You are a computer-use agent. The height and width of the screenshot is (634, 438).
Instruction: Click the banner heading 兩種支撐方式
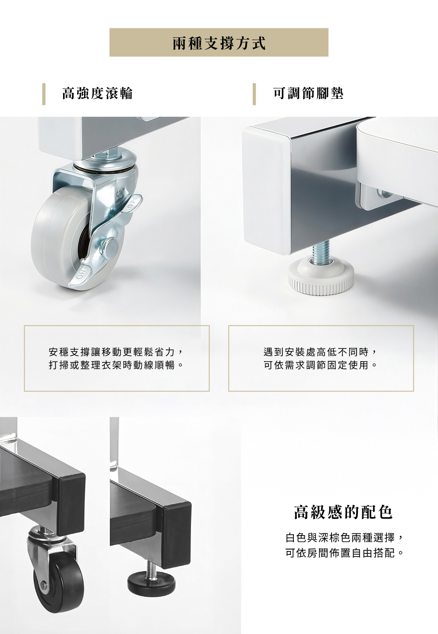click(x=219, y=43)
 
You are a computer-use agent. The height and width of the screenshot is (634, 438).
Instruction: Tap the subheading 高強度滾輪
click(x=97, y=93)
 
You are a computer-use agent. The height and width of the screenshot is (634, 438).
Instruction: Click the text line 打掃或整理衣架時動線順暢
click(x=116, y=364)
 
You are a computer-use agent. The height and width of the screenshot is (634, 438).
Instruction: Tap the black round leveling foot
click(x=151, y=584)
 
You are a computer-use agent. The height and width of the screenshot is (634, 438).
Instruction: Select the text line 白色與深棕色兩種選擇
click(x=344, y=537)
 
